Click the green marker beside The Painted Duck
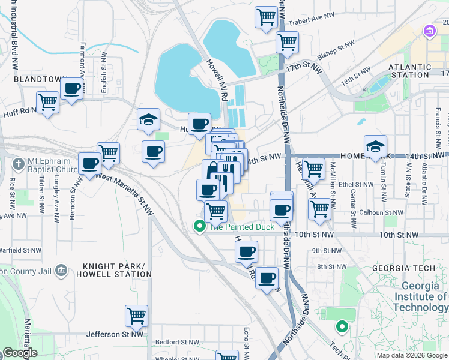(199, 227)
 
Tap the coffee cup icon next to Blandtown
(73, 89)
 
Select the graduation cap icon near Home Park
(375, 146)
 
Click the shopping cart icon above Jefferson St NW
(137, 315)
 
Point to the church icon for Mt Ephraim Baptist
(20, 163)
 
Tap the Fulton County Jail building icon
(60, 271)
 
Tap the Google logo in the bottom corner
(20, 353)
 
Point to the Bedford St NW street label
(177, 342)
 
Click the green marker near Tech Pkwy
(342, 327)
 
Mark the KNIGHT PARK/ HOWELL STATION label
(117, 270)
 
